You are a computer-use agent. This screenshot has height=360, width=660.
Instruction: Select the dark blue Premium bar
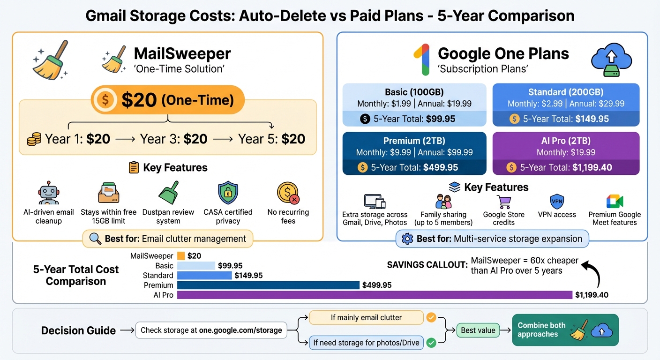coord(268,285)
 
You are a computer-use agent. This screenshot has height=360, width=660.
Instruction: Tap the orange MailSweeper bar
coord(181,256)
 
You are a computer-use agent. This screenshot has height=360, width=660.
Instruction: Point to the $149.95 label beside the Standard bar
coord(248,275)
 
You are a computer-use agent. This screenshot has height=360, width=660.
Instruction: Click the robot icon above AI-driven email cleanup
coord(48,194)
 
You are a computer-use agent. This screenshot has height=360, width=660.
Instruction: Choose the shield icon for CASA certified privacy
coord(228,193)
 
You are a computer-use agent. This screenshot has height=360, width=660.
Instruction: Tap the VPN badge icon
coord(557,201)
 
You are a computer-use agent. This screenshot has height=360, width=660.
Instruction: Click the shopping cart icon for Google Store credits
coord(504,201)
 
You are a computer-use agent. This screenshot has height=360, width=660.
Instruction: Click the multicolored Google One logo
coord(421,60)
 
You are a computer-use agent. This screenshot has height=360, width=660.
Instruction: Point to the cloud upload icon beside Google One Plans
coord(611,60)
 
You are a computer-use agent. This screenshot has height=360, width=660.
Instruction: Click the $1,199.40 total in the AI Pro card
coord(592,167)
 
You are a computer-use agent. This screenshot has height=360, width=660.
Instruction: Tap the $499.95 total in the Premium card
coord(441,167)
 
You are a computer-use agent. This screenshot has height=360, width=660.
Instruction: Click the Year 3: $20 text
coord(173,139)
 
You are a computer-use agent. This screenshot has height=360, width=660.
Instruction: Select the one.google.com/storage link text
coord(240,330)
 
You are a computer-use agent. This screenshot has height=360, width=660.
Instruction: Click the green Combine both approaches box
coord(565,330)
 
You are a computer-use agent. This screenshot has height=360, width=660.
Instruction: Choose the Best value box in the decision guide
coord(478,330)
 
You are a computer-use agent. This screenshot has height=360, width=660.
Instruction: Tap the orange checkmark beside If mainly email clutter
coord(431,317)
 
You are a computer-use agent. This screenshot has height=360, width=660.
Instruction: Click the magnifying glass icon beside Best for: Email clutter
coord(95,239)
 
